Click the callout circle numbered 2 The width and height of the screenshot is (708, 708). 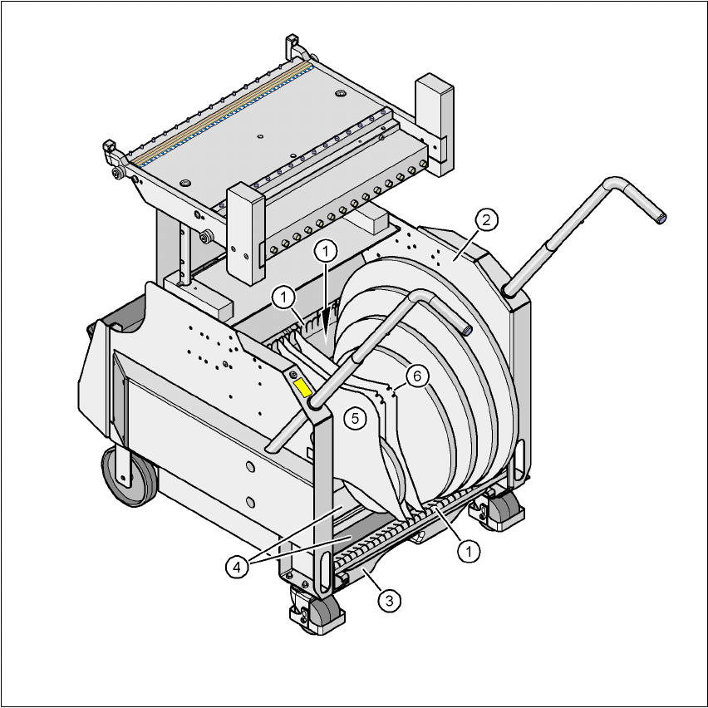[x=486, y=220]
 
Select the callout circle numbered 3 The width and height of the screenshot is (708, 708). [x=389, y=601]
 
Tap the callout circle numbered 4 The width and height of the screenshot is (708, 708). [x=237, y=567]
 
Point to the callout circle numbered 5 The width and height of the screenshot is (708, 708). [x=356, y=419]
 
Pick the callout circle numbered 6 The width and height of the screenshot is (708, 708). [x=417, y=376]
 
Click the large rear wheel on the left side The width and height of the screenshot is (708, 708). [x=128, y=476]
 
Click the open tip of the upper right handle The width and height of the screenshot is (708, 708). [x=661, y=219]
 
